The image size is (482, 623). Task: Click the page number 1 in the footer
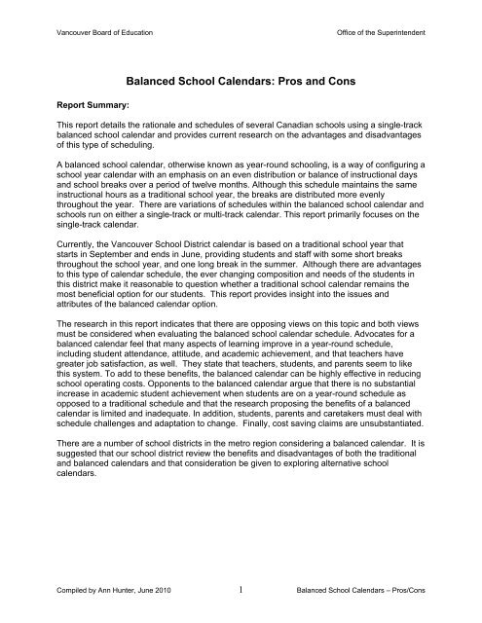[x=241, y=588]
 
